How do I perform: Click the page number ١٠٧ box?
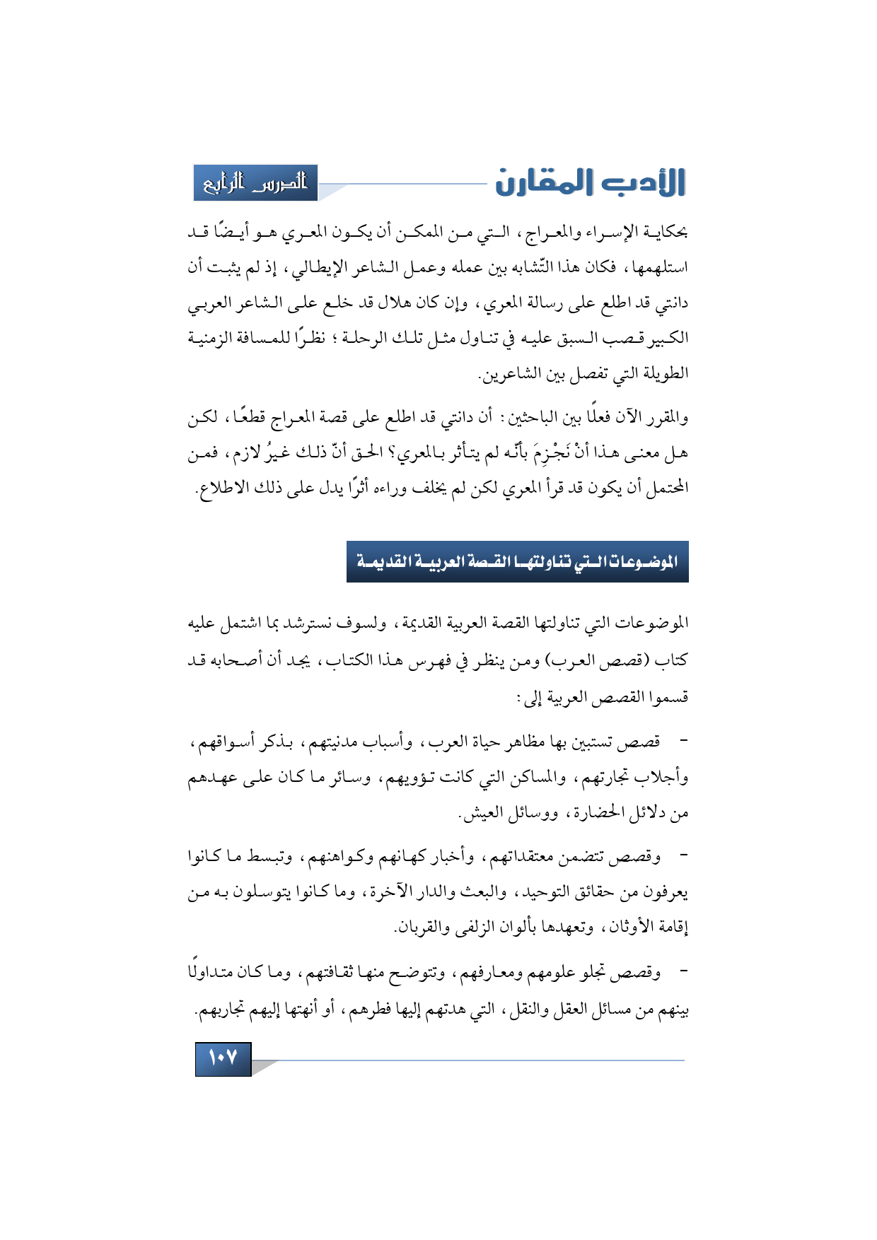(x=223, y=1058)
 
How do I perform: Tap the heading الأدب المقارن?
(x=591, y=182)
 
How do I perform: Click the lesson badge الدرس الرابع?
(x=255, y=183)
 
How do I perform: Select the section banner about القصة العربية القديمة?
(x=517, y=562)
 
